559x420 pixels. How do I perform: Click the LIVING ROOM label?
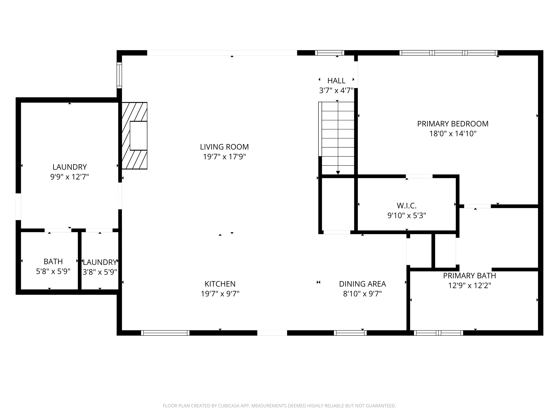click(x=224, y=147)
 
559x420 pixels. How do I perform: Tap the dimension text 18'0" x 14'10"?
click(x=453, y=134)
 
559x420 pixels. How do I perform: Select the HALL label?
click(x=336, y=81)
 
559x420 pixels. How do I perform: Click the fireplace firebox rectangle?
click(x=138, y=136)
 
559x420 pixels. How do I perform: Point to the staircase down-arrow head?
click(x=338, y=173)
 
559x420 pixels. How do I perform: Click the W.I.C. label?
click(x=406, y=206)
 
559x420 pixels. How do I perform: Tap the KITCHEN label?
click(x=220, y=284)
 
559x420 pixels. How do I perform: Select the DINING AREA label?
click(x=362, y=284)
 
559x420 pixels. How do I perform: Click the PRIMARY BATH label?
click(x=469, y=276)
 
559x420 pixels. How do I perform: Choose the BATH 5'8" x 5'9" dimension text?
click(x=53, y=272)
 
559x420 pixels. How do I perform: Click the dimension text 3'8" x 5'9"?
click(x=100, y=272)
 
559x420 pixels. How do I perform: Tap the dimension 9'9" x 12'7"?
click(x=70, y=177)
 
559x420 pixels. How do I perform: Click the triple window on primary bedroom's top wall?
click(x=448, y=53)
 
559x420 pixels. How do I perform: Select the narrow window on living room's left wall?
click(x=119, y=75)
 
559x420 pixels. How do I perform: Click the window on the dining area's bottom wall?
click(x=350, y=333)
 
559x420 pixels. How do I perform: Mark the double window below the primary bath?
click(x=438, y=333)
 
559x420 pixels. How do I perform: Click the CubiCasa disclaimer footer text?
click(x=279, y=406)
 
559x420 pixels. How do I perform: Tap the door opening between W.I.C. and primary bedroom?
click(x=419, y=176)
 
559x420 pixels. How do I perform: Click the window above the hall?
click(x=329, y=53)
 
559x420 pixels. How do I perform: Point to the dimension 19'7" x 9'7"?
click(x=220, y=294)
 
